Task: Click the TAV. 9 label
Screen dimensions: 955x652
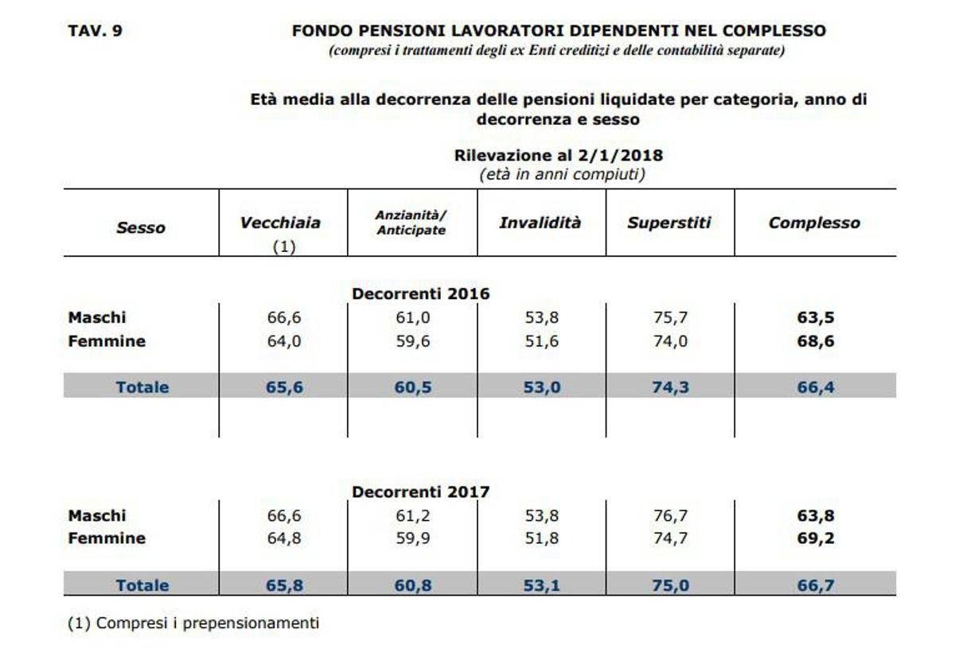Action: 95,31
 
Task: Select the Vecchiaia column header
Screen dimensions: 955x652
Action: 280,223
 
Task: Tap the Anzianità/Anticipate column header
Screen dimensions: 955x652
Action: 411,223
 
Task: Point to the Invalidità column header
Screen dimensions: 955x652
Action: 540,223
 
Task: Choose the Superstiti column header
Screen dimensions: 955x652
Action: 669,223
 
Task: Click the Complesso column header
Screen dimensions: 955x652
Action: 814,223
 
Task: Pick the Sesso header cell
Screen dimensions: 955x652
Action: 141,228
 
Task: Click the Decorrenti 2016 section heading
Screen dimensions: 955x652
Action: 421,294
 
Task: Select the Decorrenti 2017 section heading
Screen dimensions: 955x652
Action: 421,492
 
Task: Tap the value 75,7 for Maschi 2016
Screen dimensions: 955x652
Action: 671,318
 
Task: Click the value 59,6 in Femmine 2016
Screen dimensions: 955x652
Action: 413,341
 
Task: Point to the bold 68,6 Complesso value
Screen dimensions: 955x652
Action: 816,341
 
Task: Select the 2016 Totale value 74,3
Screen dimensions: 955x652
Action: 671,387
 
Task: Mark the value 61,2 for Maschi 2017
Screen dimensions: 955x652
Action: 413,516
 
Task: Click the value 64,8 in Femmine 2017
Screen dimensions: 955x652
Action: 284,538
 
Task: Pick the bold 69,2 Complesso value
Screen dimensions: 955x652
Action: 816,538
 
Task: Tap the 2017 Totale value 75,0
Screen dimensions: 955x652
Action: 671,585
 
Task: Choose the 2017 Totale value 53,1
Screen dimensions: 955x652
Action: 541,585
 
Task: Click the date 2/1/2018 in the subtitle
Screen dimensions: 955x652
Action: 620,155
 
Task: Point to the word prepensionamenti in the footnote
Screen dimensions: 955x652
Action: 251,623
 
